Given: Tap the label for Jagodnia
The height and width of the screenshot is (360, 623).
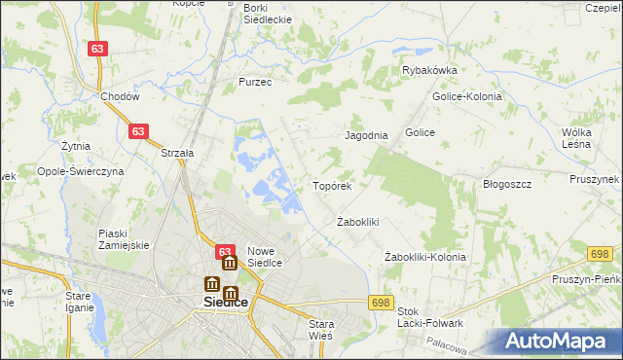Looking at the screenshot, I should coord(367,136).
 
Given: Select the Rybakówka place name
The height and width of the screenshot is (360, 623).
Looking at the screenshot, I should coord(429,70).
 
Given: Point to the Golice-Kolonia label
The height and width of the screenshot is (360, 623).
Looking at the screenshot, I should coord(460,97).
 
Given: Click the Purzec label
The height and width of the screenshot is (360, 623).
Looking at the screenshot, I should coord(254,83).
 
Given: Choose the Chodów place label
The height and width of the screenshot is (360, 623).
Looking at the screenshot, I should coord(121,97).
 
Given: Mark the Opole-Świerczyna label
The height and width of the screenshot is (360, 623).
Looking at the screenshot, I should coord(81,170).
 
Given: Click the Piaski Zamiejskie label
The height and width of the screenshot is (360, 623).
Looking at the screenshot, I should coord(124,239).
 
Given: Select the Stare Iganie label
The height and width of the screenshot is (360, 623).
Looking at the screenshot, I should coord(78,301).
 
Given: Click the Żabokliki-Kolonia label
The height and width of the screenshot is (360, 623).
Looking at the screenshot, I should coord(424,257).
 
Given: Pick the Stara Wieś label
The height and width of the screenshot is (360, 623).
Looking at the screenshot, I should coord(320,329).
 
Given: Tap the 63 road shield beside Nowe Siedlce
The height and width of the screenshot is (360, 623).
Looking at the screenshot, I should coord(224,250).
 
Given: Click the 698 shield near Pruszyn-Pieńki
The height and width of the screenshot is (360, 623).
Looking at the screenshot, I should coord(601,254).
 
